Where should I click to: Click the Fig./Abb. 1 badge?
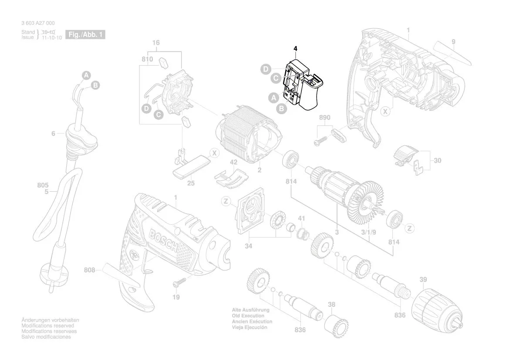pyautogui.click(x=85, y=34)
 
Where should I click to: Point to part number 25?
pyautogui.click(x=191, y=183)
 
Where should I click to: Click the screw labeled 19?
pyautogui.click(x=179, y=283)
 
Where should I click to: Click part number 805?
pyautogui.click(x=43, y=185)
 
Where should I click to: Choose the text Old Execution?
pyautogui.click(x=248, y=316)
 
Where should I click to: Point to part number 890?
pyautogui.click(x=325, y=118)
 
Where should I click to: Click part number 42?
pyautogui.click(x=234, y=162)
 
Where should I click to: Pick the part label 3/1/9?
pyautogui.click(x=369, y=232)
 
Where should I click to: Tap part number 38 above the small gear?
pyautogui.click(x=332, y=305)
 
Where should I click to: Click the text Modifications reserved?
pyautogui.click(x=48, y=326)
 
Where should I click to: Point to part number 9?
pyautogui.click(x=453, y=42)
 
